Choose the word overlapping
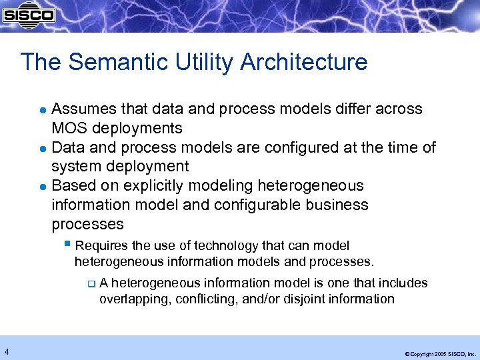[135, 299]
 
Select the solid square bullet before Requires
[68, 245]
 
